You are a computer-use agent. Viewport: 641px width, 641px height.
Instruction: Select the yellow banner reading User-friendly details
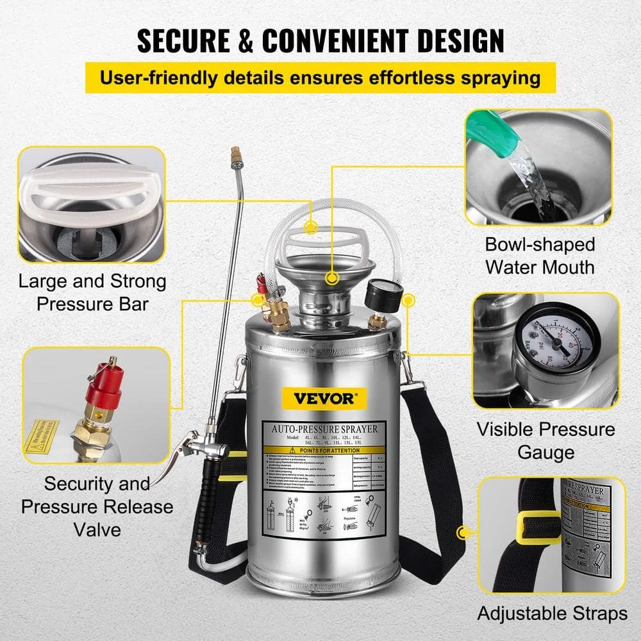[320, 78]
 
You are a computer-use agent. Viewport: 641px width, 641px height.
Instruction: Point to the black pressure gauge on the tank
[384, 296]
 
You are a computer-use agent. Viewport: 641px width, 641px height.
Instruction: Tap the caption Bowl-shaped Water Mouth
[539, 255]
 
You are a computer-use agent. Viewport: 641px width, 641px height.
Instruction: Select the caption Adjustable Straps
[552, 613]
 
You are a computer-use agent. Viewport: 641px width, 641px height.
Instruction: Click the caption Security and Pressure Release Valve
[97, 506]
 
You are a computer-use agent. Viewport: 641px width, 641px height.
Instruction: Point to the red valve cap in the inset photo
[103, 388]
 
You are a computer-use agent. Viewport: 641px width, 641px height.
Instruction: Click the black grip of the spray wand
[204, 503]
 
